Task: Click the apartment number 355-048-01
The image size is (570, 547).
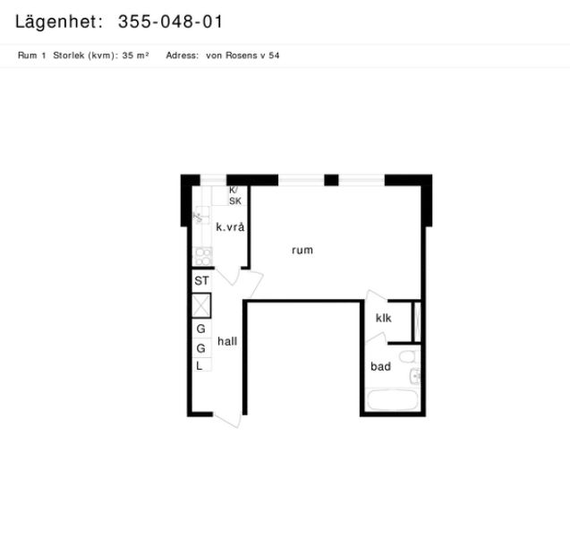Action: [x=170, y=21]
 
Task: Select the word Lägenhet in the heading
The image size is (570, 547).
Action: [x=56, y=22]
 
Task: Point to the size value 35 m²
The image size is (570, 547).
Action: [x=135, y=56]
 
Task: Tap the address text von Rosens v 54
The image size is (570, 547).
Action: [x=242, y=56]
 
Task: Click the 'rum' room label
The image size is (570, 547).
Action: [x=302, y=251]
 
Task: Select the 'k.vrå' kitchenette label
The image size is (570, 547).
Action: [x=230, y=226]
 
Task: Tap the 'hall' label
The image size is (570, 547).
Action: [x=227, y=341]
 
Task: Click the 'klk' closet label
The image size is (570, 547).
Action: [x=384, y=318]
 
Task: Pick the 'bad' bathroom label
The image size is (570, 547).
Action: [x=380, y=366]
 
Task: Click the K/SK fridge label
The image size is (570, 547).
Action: [x=234, y=196]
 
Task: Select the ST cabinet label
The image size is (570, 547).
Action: [x=201, y=281]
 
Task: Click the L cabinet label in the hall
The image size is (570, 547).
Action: [x=200, y=366]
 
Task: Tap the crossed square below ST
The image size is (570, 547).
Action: [x=201, y=305]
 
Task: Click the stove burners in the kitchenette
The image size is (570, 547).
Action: [x=204, y=256]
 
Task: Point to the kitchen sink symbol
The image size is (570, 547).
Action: [x=201, y=215]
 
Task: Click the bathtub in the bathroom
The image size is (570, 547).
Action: [x=392, y=399]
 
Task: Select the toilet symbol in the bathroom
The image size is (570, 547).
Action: [x=407, y=356]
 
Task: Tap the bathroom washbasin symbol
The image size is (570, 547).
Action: [x=415, y=375]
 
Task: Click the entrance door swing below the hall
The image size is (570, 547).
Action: [x=228, y=419]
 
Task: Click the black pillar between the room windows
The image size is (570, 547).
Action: [x=331, y=180]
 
